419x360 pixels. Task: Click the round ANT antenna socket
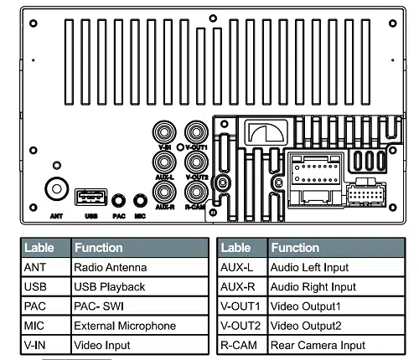57,189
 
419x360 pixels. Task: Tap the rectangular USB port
91,197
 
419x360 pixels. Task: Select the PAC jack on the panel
118,201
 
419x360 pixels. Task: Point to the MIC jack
140,201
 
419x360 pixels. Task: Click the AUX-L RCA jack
164,162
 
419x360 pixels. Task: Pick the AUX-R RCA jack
164,192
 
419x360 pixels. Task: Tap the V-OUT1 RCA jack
196,131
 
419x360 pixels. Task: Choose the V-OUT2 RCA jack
196,162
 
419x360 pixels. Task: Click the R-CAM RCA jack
196,192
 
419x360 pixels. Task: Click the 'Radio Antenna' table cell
140,267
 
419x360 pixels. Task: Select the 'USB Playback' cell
140,287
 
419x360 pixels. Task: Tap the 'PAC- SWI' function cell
140,306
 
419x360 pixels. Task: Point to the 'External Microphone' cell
140,326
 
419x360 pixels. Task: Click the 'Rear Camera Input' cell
336,345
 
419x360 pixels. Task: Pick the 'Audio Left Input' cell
336,267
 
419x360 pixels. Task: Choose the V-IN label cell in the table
46,345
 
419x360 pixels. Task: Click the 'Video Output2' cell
336,326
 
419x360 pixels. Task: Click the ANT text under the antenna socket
56,216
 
